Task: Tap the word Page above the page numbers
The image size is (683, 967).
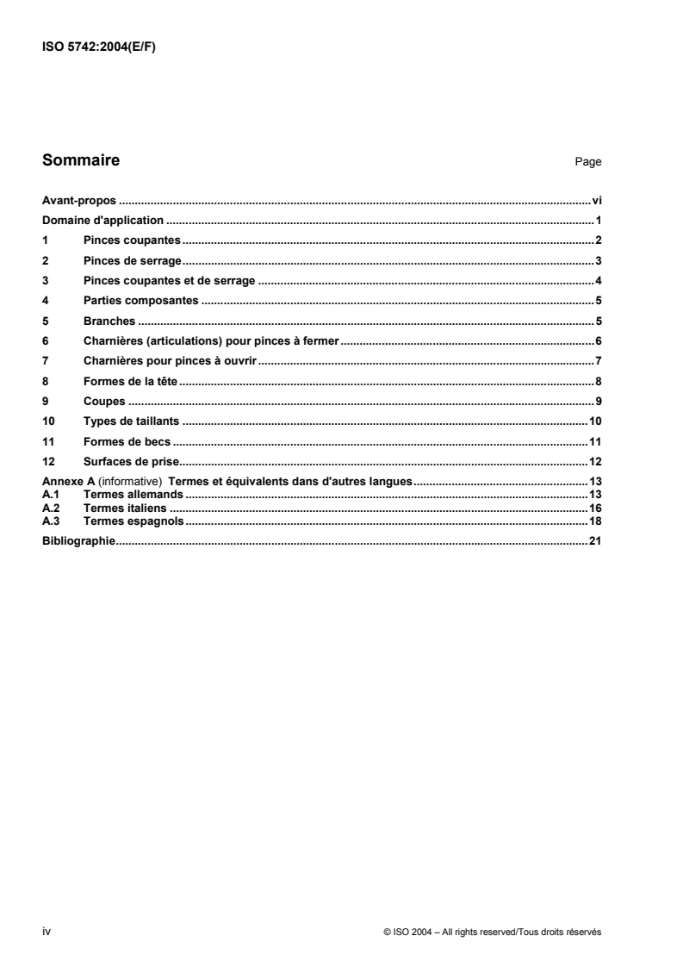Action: (x=589, y=162)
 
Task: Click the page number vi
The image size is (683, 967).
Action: (x=596, y=199)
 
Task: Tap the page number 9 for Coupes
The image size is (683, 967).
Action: (x=598, y=402)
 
